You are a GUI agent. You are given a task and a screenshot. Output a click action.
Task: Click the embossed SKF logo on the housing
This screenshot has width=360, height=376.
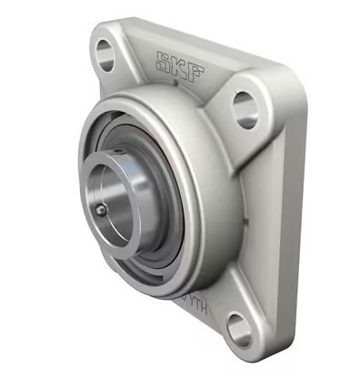pyautogui.click(x=179, y=65)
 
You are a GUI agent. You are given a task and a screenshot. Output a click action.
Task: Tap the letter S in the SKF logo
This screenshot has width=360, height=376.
pyautogui.click(x=165, y=63)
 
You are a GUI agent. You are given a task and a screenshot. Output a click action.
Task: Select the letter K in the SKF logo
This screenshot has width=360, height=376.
pyautogui.click(x=179, y=65)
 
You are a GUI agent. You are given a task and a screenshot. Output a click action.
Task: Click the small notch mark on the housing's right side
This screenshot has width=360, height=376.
pyautogui.click(x=243, y=221)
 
